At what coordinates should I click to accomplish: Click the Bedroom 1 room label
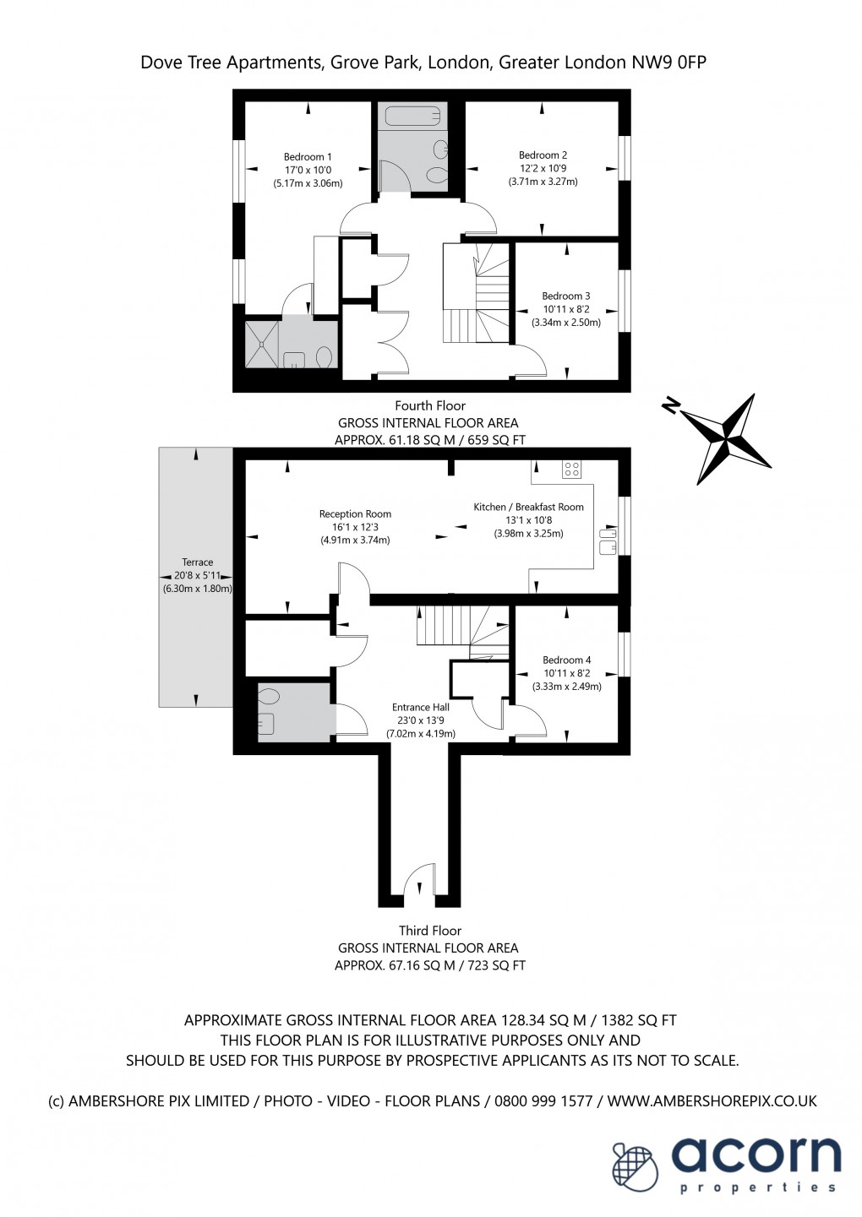click(308, 157)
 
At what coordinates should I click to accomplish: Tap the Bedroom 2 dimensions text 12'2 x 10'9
click(543, 168)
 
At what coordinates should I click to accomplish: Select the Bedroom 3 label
click(565, 296)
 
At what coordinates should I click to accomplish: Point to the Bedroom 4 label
click(566, 660)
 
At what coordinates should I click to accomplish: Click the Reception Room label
click(355, 514)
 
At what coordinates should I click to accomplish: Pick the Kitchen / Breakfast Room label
click(528, 508)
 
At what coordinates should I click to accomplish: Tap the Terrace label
click(197, 562)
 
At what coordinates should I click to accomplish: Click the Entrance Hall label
click(420, 708)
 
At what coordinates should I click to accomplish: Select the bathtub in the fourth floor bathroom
click(409, 116)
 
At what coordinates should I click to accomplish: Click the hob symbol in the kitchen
click(571, 469)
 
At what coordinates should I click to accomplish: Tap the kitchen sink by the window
click(608, 541)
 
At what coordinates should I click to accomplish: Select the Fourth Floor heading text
click(430, 406)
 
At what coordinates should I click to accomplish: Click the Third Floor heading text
click(430, 931)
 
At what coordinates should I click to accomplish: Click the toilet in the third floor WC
click(269, 697)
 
